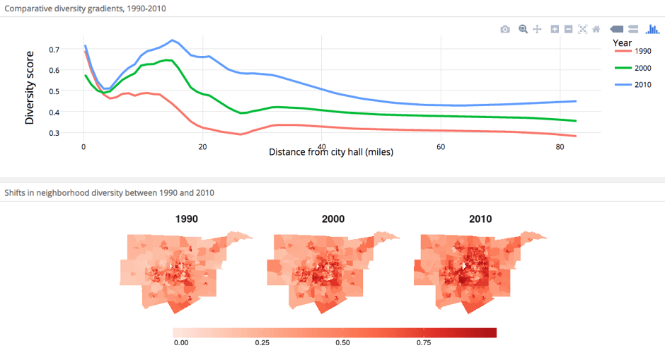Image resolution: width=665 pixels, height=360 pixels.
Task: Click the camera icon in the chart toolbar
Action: pos(504,29)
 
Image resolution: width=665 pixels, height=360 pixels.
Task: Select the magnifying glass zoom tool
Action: pos(523,29)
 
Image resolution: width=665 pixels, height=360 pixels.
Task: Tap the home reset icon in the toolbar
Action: pos(596,29)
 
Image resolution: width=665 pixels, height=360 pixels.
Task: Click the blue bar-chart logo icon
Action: pos(652,29)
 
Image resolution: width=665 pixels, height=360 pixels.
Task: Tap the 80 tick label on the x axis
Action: pos(560,147)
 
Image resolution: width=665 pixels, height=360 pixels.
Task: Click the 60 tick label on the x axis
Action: pos(441,147)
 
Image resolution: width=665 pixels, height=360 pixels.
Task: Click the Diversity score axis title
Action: pos(30,88)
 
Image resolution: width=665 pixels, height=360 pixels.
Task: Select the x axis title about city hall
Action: pos(331,152)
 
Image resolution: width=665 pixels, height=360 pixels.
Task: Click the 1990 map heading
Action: pos(186,219)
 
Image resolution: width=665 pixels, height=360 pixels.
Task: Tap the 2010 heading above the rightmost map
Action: pos(480,219)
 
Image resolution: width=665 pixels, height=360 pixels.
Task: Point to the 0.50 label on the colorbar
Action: pos(342,343)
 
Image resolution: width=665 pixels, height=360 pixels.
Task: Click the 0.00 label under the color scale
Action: pos(181,343)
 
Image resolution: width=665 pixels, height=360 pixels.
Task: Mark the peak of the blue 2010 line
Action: pos(172,40)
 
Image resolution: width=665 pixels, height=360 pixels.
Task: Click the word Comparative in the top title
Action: pos(29,8)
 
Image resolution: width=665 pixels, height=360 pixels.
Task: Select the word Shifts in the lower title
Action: pos(16,192)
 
